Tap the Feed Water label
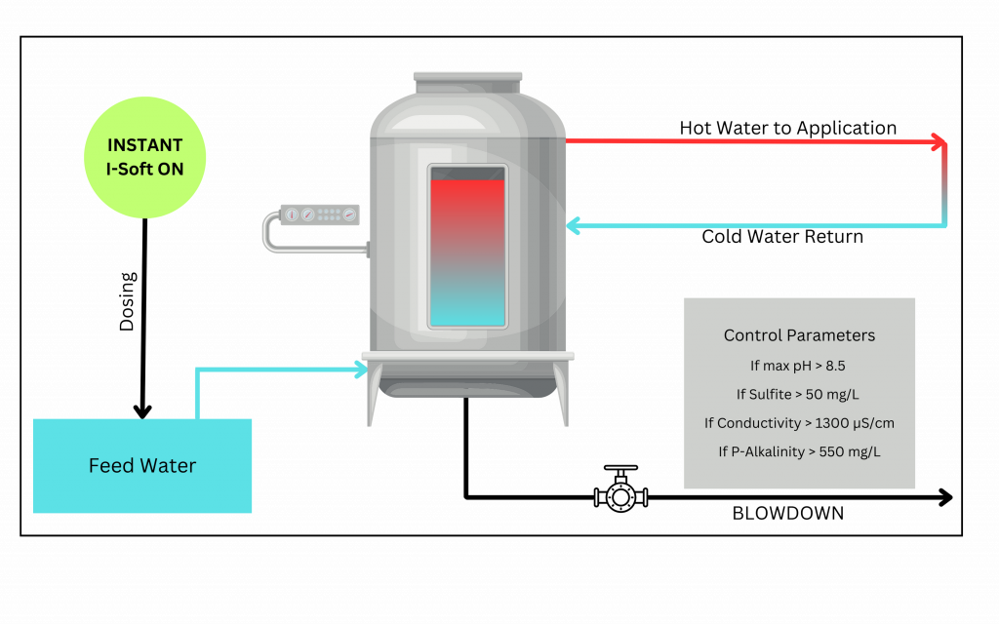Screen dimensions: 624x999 [142, 466]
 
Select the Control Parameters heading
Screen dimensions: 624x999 [799, 335]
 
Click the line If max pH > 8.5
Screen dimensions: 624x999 [799, 366]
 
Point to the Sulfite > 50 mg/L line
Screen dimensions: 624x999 [799, 394]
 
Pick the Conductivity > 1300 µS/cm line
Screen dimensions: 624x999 [799, 423]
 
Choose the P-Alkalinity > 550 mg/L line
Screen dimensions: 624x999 [799, 451]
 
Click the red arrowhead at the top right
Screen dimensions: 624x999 [939, 141]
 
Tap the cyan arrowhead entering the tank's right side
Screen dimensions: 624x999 [574, 226]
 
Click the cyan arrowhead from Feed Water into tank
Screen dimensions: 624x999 [360, 369]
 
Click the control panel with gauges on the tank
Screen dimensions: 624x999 [320, 214]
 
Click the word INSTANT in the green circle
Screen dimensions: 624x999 [144, 145]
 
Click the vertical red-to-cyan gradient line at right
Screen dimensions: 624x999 [945, 185]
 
